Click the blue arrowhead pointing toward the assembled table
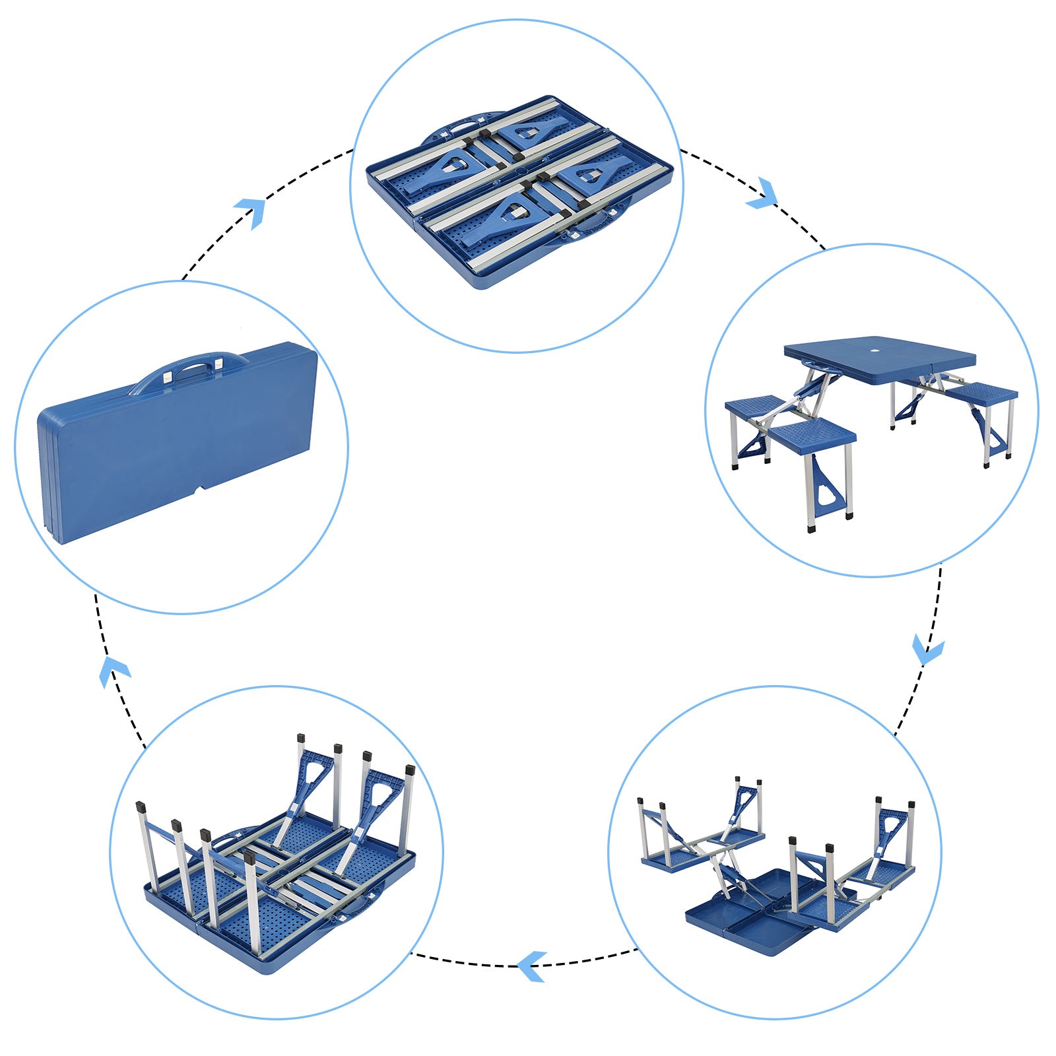pyautogui.click(x=764, y=193)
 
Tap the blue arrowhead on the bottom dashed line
pyautogui.click(x=531, y=966)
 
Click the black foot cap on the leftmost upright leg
pyautogui.click(x=140, y=807)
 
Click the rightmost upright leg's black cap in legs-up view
pyautogui.click(x=410, y=770)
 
